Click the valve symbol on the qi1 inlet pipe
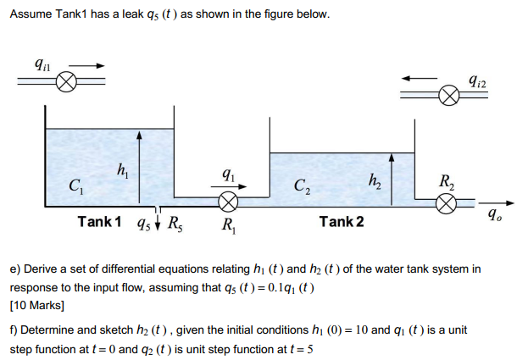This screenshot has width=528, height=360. [x=68, y=82]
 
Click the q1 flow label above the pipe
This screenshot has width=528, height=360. [x=227, y=178]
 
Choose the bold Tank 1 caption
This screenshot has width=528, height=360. [x=99, y=222]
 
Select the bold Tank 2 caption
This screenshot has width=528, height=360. [x=342, y=222]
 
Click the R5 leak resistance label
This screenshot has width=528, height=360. [x=175, y=224]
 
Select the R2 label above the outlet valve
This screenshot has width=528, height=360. [x=447, y=180]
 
